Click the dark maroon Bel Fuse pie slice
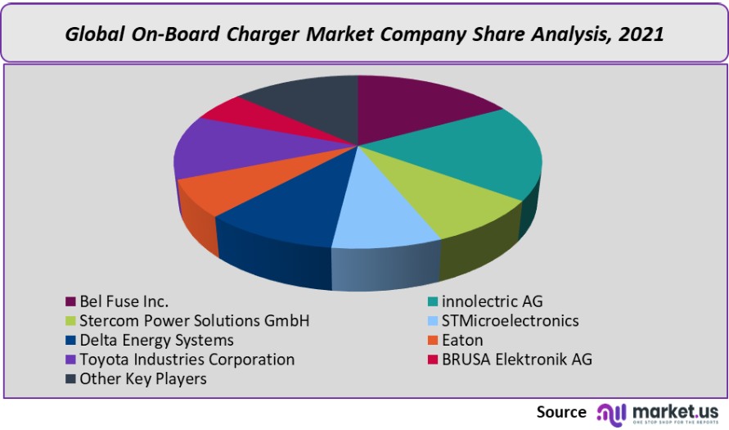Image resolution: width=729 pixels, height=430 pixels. [413, 106]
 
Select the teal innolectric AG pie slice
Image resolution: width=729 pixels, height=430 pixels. [475, 156]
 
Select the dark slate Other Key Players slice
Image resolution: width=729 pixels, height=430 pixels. [307, 102]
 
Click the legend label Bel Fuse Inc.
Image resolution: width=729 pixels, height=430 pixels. [124, 301]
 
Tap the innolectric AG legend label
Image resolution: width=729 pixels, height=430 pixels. [491, 301]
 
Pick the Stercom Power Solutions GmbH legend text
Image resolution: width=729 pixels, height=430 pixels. [195, 320]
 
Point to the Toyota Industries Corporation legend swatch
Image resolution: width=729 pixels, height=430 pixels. [71, 360]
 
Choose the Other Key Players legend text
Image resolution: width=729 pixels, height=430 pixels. [143, 379]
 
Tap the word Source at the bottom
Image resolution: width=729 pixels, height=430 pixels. [561, 411]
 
